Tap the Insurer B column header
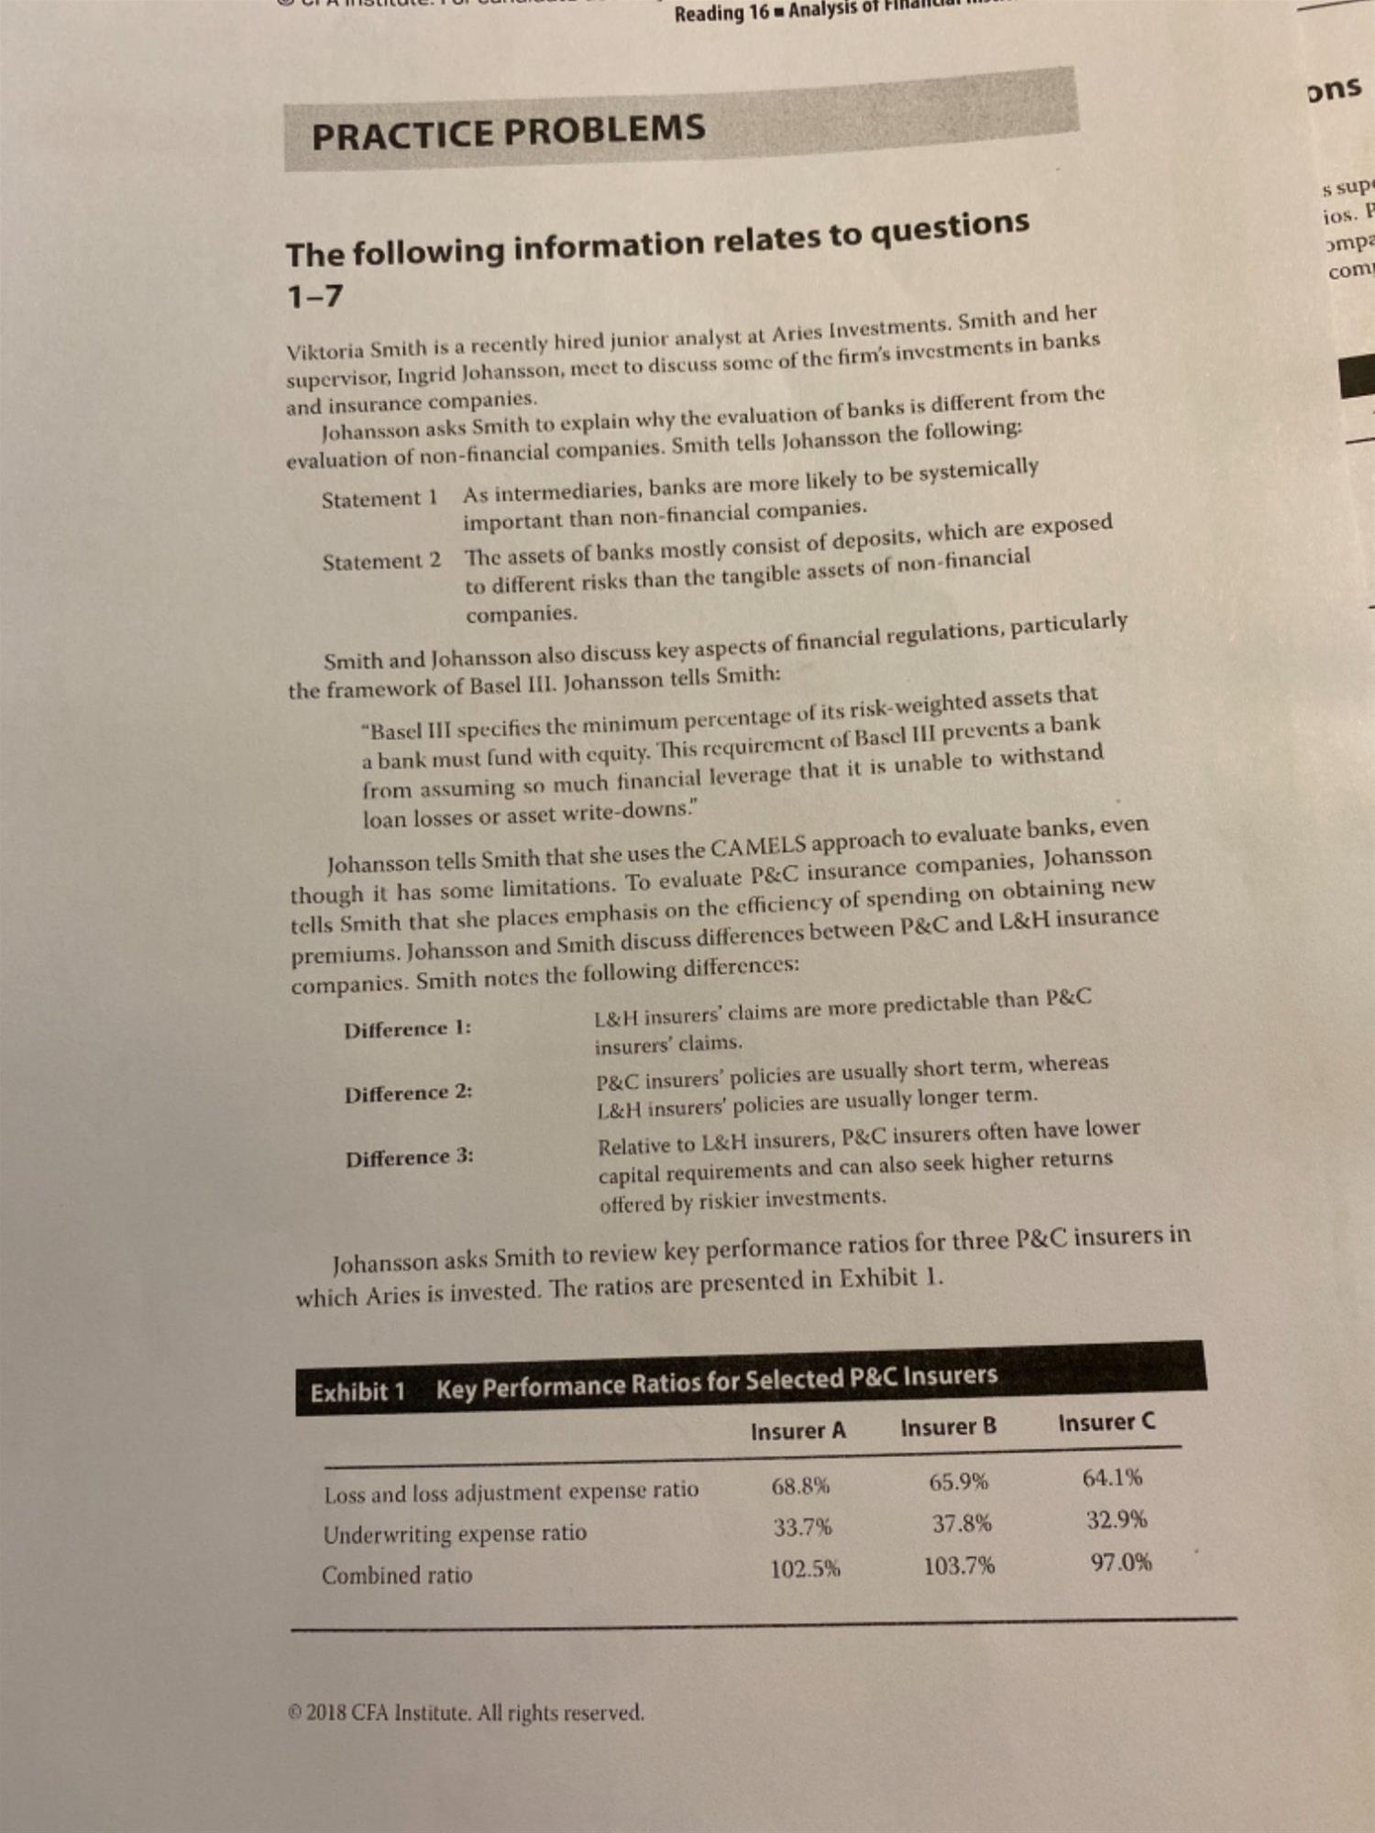(x=948, y=1426)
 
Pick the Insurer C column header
(x=1106, y=1421)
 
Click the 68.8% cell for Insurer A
(x=800, y=1485)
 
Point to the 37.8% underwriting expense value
(x=962, y=1523)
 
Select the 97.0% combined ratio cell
(x=1121, y=1562)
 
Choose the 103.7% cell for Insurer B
(x=959, y=1565)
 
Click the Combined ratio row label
(x=397, y=1575)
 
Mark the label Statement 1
(x=379, y=499)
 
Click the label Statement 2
(x=381, y=561)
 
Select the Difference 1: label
(x=408, y=1029)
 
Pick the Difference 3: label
(x=410, y=1158)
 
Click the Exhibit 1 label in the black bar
(x=357, y=1392)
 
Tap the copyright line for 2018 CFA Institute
(x=466, y=1713)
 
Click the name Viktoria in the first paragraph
(x=325, y=351)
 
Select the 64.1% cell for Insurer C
(x=1112, y=1477)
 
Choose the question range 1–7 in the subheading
(x=314, y=296)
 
